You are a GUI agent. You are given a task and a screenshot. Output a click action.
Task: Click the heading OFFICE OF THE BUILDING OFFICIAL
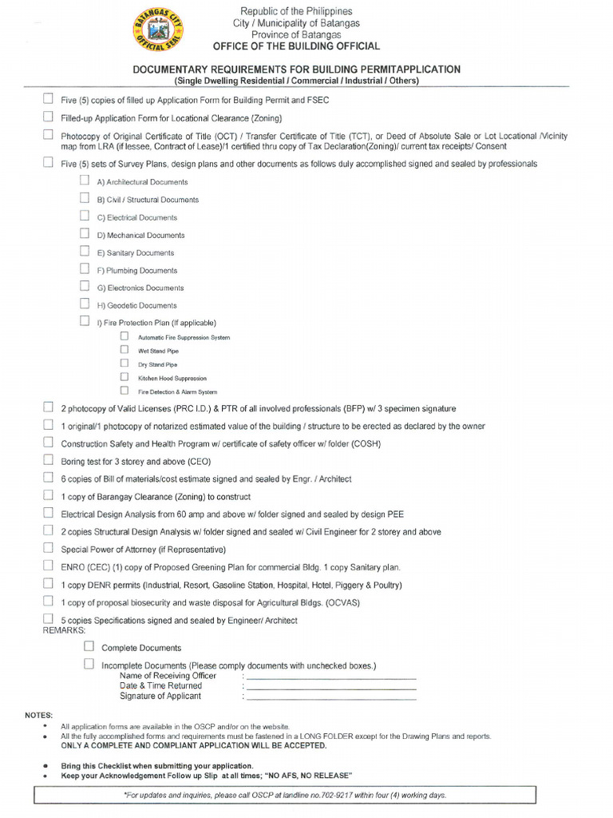pyautogui.click(x=296, y=46)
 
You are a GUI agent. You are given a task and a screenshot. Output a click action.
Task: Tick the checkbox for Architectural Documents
pyautogui.click(x=85, y=181)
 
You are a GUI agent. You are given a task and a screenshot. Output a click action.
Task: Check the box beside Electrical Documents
pyautogui.click(x=85, y=216)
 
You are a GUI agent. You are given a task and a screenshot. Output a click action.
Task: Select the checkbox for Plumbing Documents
pyautogui.click(x=85, y=268)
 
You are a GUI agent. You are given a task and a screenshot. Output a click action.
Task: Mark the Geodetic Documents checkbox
pyautogui.click(x=85, y=304)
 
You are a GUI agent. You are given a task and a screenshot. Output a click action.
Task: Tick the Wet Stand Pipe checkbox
pyautogui.click(x=125, y=349)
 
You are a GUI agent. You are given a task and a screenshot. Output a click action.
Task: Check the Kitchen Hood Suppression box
pyautogui.click(x=125, y=376)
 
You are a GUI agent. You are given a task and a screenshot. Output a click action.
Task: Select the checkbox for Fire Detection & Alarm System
pyautogui.click(x=125, y=390)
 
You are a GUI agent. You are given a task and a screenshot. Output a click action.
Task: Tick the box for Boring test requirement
pyautogui.click(x=49, y=460)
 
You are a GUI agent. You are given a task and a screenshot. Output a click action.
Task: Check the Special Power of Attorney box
pyautogui.click(x=49, y=548)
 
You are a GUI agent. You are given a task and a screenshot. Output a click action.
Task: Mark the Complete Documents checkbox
pyautogui.click(x=89, y=645)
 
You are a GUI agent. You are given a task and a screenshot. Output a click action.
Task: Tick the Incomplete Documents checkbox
pyautogui.click(x=89, y=664)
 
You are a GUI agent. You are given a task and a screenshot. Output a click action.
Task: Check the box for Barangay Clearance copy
pyautogui.click(x=49, y=495)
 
